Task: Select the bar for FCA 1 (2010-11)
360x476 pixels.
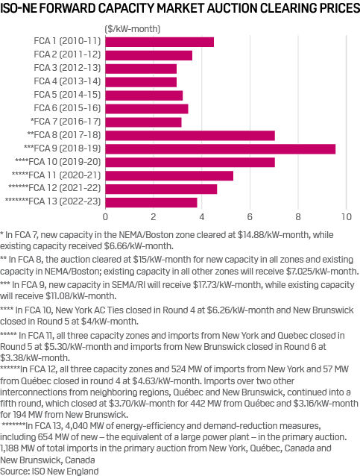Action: pos(160,42)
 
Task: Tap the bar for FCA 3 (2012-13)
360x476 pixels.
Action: pos(141,69)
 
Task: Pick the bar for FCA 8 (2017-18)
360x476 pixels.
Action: pos(190,135)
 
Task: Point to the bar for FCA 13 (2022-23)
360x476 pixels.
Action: pos(151,202)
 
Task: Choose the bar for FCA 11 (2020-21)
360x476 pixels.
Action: pos(169,175)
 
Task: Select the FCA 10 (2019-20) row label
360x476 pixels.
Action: pos(57,162)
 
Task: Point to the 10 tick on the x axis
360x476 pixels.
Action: pos(346,217)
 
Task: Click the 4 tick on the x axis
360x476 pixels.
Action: pos(201,217)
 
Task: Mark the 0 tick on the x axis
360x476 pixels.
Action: pos(105,217)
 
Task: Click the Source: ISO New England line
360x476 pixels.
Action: pos(50,471)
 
